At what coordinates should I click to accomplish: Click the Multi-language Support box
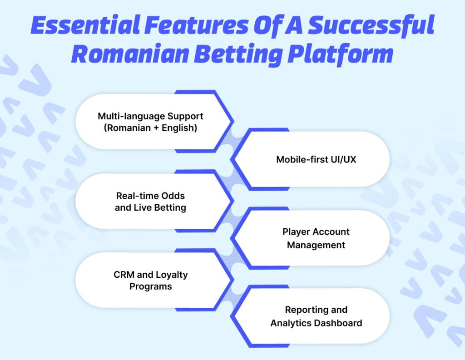(x=150, y=122)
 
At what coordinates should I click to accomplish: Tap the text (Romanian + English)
(x=150, y=128)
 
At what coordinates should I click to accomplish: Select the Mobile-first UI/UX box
(x=316, y=160)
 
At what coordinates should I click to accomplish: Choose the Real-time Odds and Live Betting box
(x=150, y=202)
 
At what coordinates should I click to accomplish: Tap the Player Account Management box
(x=316, y=238)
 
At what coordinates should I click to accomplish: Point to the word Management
(x=316, y=245)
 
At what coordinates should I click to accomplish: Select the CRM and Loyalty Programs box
(x=150, y=280)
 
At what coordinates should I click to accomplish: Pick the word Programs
(x=151, y=286)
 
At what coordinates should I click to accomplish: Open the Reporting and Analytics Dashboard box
(x=316, y=316)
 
